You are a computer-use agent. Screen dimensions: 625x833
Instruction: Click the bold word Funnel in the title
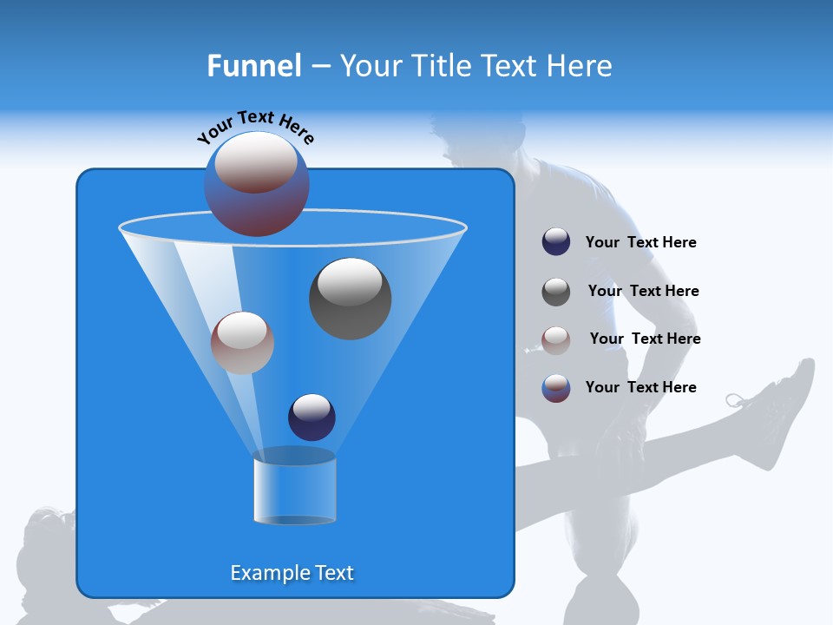pyautogui.click(x=253, y=66)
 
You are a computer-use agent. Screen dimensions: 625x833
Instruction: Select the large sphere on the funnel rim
pyautogui.click(x=257, y=184)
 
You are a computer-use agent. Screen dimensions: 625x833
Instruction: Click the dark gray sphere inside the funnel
pyautogui.click(x=350, y=298)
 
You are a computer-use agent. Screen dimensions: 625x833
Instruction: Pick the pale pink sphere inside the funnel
pyautogui.click(x=242, y=342)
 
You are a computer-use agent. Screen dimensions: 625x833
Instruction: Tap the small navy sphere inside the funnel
pyautogui.click(x=312, y=417)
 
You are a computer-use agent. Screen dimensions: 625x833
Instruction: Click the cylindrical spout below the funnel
pyautogui.click(x=294, y=488)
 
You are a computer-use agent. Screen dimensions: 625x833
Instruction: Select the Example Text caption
pyautogui.click(x=292, y=573)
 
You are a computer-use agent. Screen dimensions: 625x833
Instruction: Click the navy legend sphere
pyautogui.click(x=556, y=242)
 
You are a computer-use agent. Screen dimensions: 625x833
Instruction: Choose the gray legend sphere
pyautogui.click(x=556, y=292)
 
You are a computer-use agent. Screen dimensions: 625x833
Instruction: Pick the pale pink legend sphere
pyautogui.click(x=556, y=340)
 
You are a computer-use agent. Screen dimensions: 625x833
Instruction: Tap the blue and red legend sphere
pyautogui.click(x=556, y=388)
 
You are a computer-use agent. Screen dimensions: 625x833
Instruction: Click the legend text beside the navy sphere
pyautogui.click(x=640, y=243)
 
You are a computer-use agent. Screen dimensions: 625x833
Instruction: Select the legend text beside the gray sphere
pyautogui.click(x=643, y=292)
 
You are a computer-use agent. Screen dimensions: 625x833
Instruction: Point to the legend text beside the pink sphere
pyautogui.click(x=645, y=339)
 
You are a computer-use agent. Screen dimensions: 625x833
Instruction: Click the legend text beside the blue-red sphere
pyautogui.click(x=640, y=387)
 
